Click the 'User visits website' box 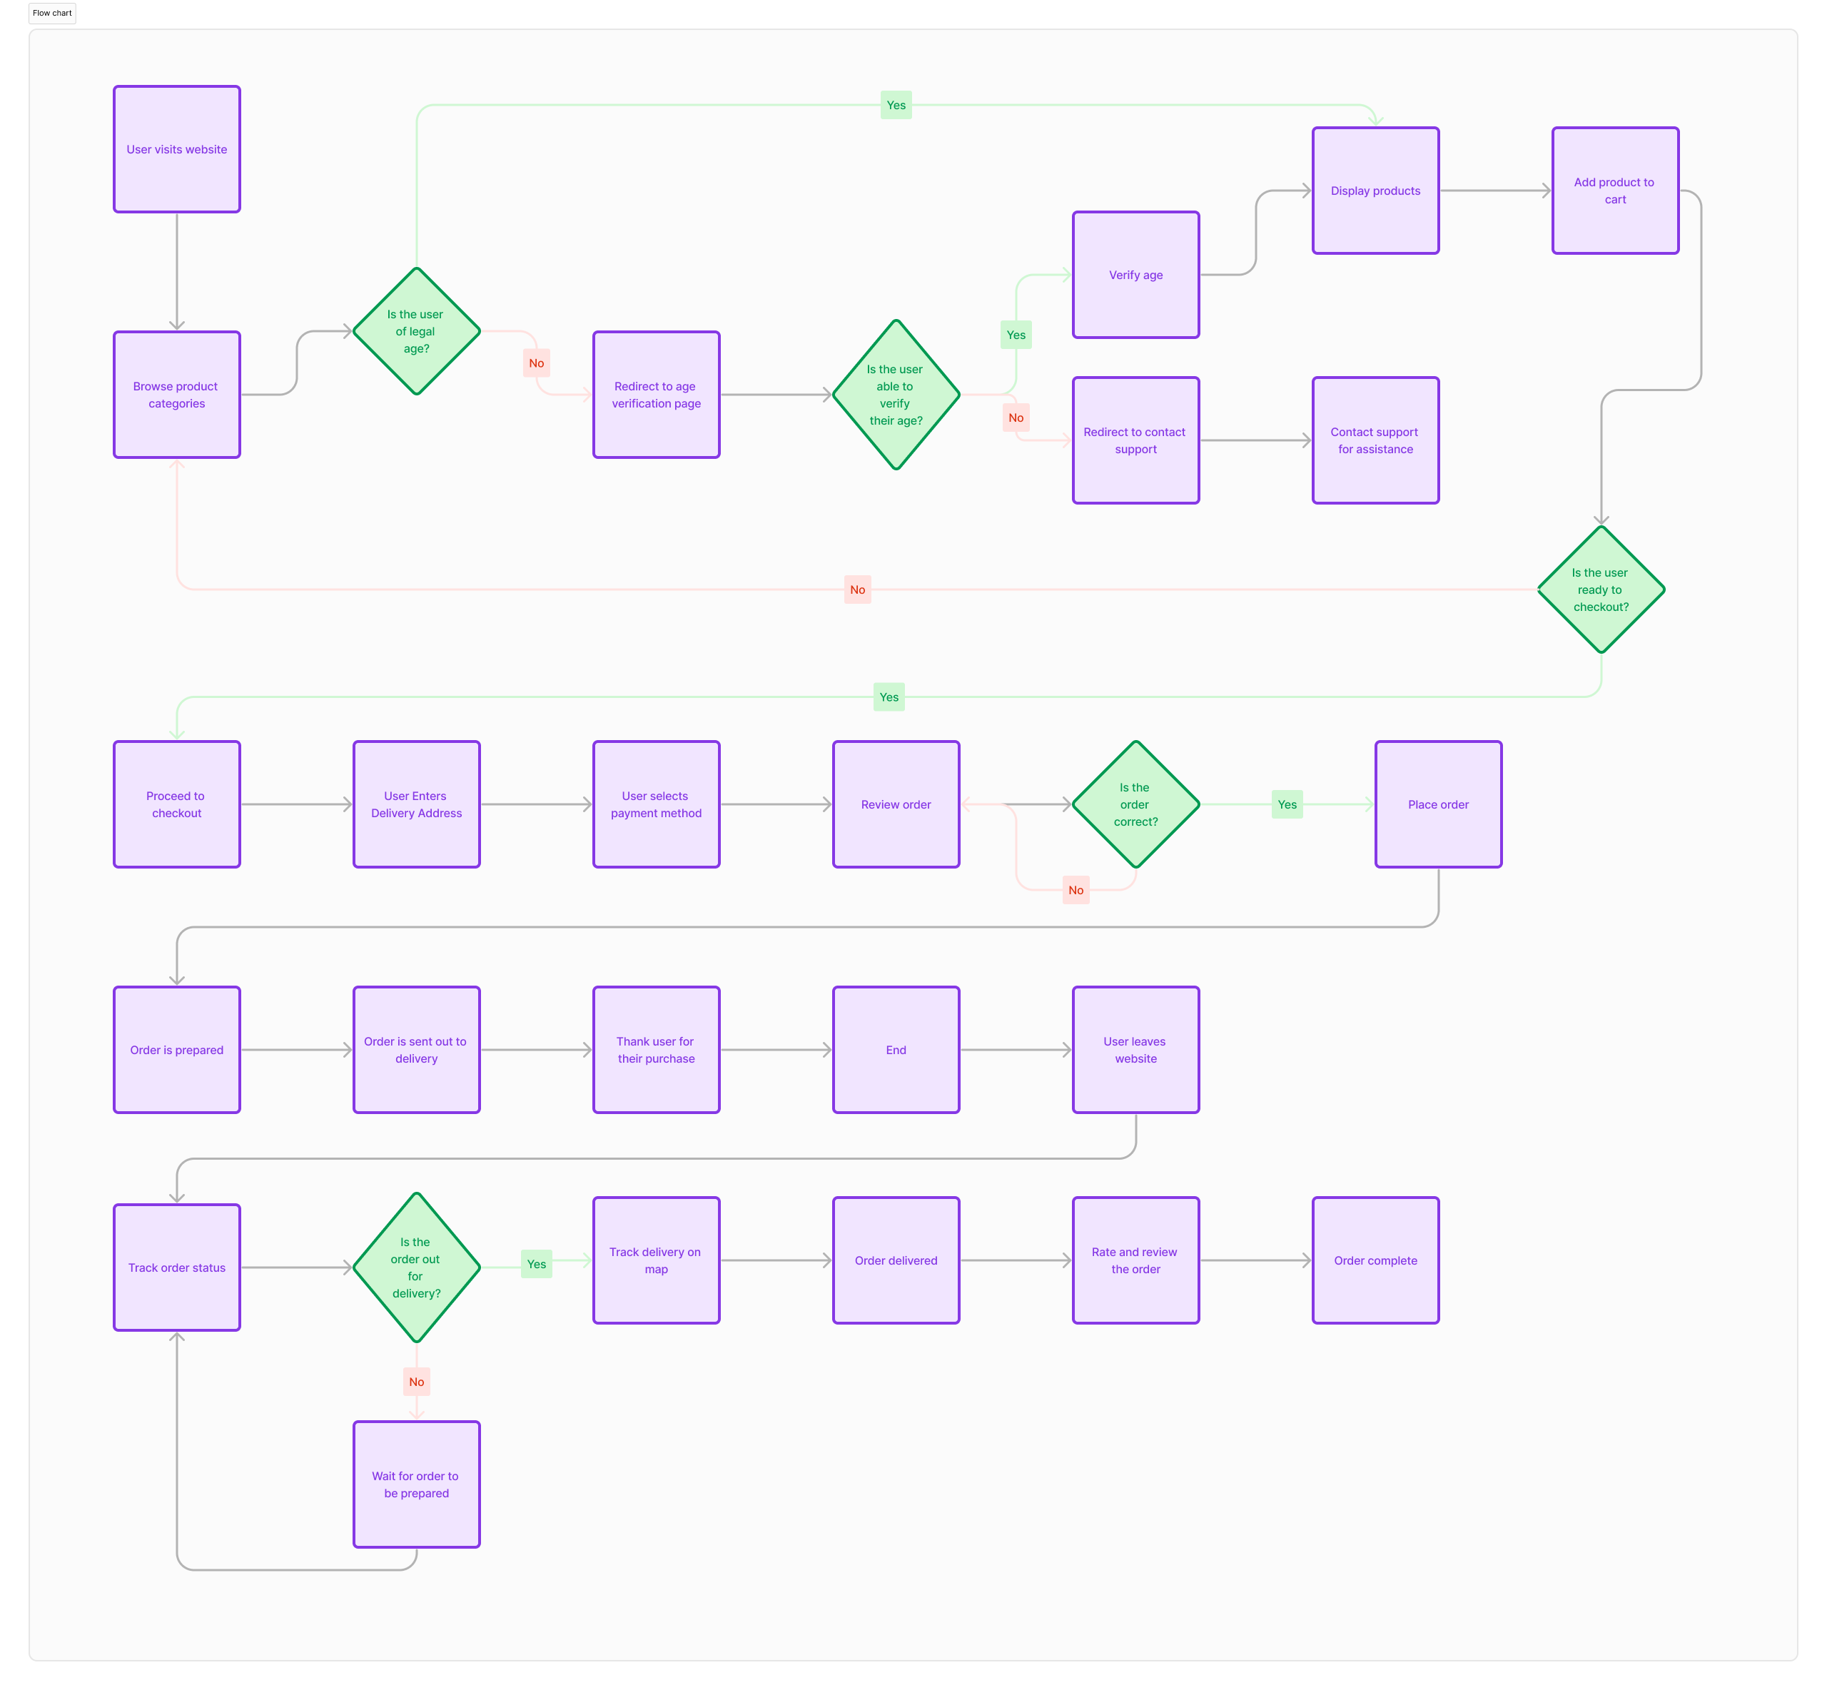(176, 149)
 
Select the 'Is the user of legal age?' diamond (416, 331)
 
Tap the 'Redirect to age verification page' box (656, 394)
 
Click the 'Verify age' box (1135, 274)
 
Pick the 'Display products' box (1375, 191)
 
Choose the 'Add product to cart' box (1615, 191)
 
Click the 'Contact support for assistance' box (1375, 440)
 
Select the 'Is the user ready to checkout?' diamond (1600, 589)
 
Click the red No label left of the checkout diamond (857, 589)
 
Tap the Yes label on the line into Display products (896, 105)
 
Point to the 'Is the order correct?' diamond (1135, 804)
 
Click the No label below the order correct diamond (1076, 890)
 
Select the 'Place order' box (1437, 804)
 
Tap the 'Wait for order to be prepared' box (416, 1484)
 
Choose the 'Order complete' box (1375, 1260)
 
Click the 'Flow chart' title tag (52, 13)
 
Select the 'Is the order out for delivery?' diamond (416, 1267)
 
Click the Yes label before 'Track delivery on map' (536, 1264)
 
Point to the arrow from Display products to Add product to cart (1495, 191)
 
